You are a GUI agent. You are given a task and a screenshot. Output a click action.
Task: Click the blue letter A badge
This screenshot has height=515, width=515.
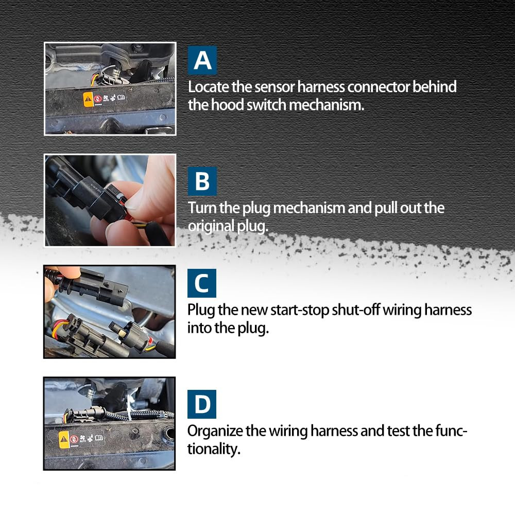pyautogui.click(x=202, y=60)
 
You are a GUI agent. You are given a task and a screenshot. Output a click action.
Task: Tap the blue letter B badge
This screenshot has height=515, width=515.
pyautogui.click(x=202, y=181)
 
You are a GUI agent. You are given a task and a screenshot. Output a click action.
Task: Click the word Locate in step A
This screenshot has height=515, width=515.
pyautogui.click(x=207, y=87)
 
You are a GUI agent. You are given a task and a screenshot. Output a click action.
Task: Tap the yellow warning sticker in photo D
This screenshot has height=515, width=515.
pyautogui.click(x=64, y=439)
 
